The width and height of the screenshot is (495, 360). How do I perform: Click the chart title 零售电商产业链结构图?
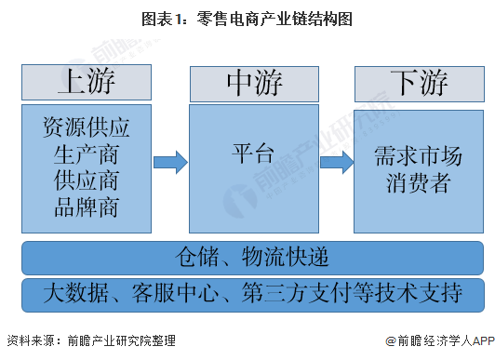click(274, 18)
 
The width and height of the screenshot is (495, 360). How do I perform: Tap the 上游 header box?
click(87, 83)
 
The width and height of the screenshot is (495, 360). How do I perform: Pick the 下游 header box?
click(419, 83)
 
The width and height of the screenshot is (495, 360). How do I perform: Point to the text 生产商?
click(87, 153)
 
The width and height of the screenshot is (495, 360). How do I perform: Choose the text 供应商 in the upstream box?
click(87, 180)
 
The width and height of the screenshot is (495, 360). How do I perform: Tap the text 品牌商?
click(87, 206)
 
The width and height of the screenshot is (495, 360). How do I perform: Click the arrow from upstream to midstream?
click(169, 163)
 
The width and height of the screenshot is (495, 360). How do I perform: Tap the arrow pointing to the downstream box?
click(336, 163)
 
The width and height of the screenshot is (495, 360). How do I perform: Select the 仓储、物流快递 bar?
click(253, 256)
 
